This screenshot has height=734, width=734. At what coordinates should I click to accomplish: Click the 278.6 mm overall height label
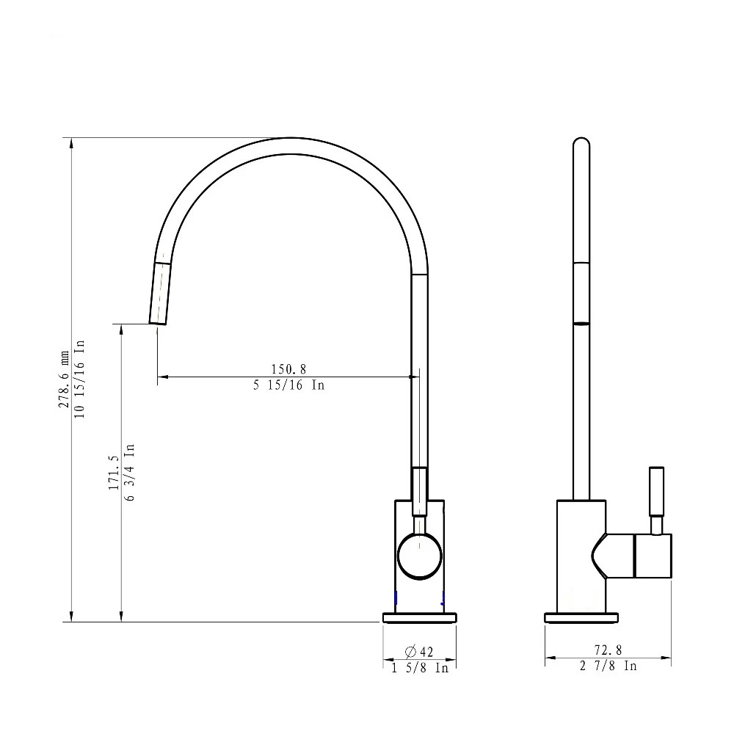tap(65, 369)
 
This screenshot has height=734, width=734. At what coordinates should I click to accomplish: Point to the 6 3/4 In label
tap(129, 471)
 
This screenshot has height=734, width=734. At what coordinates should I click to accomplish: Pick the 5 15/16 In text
tap(288, 385)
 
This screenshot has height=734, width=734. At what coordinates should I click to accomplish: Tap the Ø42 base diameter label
tap(419, 651)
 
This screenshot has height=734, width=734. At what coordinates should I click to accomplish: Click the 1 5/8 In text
tap(419, 668)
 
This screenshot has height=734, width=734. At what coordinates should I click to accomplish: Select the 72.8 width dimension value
tap(608, 650)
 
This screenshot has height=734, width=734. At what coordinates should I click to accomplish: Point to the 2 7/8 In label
tap(608, 666)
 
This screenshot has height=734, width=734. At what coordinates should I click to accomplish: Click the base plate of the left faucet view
tap(420, 617)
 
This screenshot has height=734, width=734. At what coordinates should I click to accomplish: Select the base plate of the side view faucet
tap(582, 617)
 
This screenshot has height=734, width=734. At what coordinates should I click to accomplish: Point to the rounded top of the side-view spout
tap(581, 143)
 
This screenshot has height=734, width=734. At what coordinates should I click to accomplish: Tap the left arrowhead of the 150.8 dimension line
tap(162, 377)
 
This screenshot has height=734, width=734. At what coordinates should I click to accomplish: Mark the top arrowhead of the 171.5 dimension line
tap(122, 329)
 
